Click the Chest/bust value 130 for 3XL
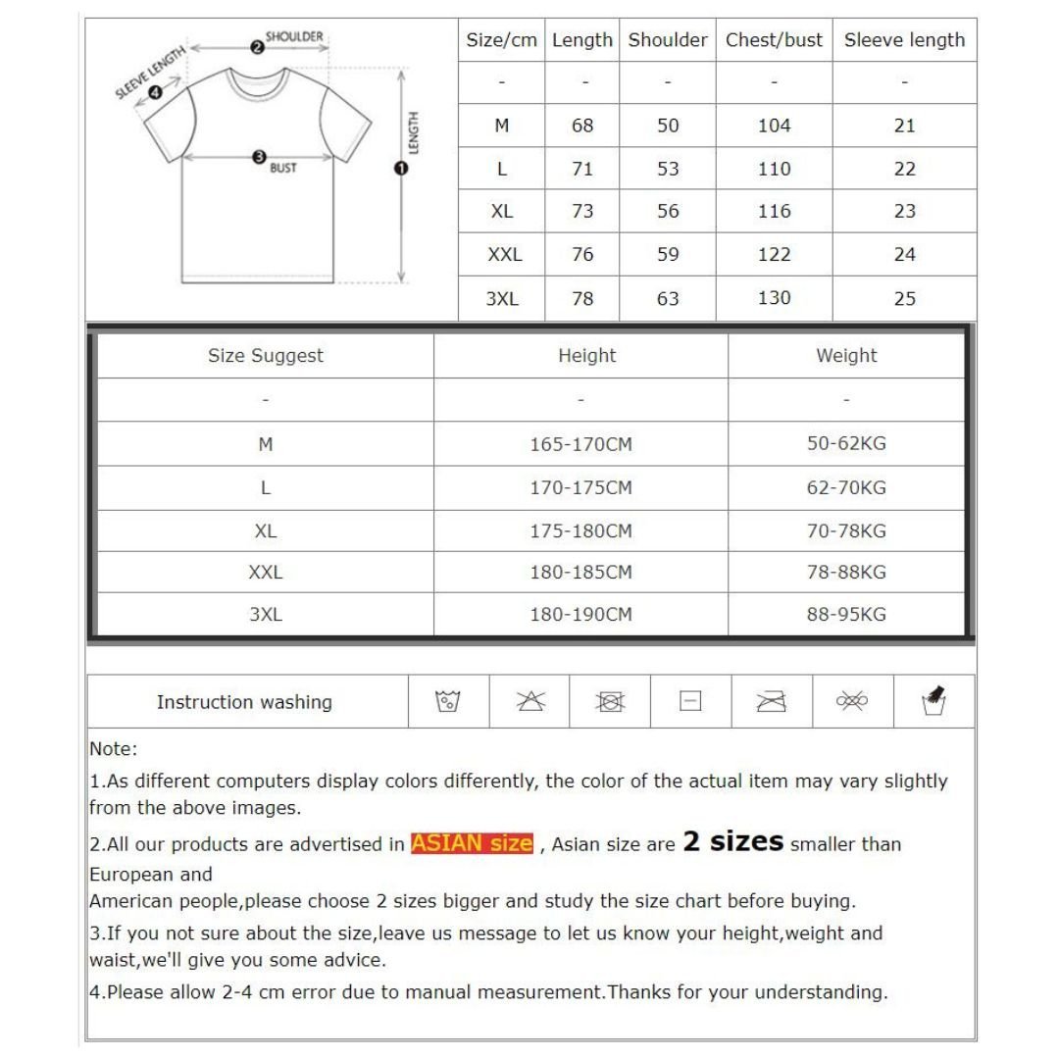(774, 298)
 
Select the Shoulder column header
(667, 40)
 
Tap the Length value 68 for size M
(582, 126)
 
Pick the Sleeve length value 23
(904, 211)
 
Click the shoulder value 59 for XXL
(668, 255)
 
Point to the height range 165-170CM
(580, 444)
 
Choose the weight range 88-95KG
(846, 615)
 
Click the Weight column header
(846, 356)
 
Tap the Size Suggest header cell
(265, 356)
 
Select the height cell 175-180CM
(580, 531)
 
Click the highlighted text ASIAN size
(472, 843)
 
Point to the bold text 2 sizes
(732, 841)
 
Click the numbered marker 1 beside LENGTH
(400, 169)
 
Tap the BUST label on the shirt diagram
(283, 169)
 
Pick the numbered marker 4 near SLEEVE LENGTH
(155, 94)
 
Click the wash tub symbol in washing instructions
(448, 702)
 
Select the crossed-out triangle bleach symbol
(530, 702)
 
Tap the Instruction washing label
(244, 702)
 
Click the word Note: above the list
(114, 749)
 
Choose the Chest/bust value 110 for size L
(774, 169)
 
